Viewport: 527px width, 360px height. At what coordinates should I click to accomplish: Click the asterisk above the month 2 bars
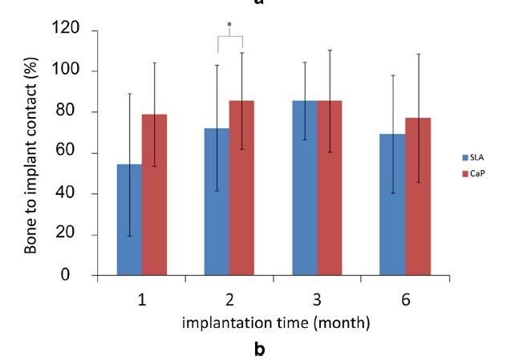(229, 26)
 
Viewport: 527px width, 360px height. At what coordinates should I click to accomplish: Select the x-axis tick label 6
(405, 300)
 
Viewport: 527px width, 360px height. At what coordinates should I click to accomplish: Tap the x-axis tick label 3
(317, 300)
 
